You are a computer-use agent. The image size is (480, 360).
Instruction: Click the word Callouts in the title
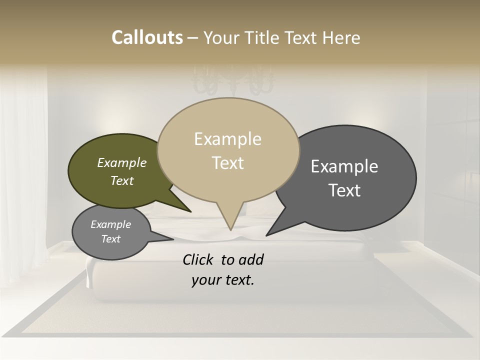point(147,37)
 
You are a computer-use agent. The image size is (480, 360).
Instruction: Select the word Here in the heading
point(342,37)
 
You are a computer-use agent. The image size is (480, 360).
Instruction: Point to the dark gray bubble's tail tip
point(268,234)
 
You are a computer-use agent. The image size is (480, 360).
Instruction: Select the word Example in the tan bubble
point(227,139)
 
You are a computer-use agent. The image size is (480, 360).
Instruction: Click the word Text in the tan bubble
point(227,163)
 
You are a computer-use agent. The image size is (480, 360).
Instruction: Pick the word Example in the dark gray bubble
point(344,166)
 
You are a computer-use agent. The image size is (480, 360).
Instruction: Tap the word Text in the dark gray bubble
point(344,190)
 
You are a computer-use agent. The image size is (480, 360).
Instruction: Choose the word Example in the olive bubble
point(121,163)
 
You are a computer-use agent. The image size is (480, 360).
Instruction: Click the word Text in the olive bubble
point(121,180)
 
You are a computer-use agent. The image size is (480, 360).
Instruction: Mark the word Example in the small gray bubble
point(110,224)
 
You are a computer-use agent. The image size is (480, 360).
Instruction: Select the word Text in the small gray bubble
point(110,239)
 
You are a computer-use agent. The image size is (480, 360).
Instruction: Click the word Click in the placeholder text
point(198,260)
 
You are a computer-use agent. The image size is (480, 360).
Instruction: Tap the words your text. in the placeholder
point(222,280)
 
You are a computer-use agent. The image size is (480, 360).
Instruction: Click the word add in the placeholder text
point(251,260)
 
